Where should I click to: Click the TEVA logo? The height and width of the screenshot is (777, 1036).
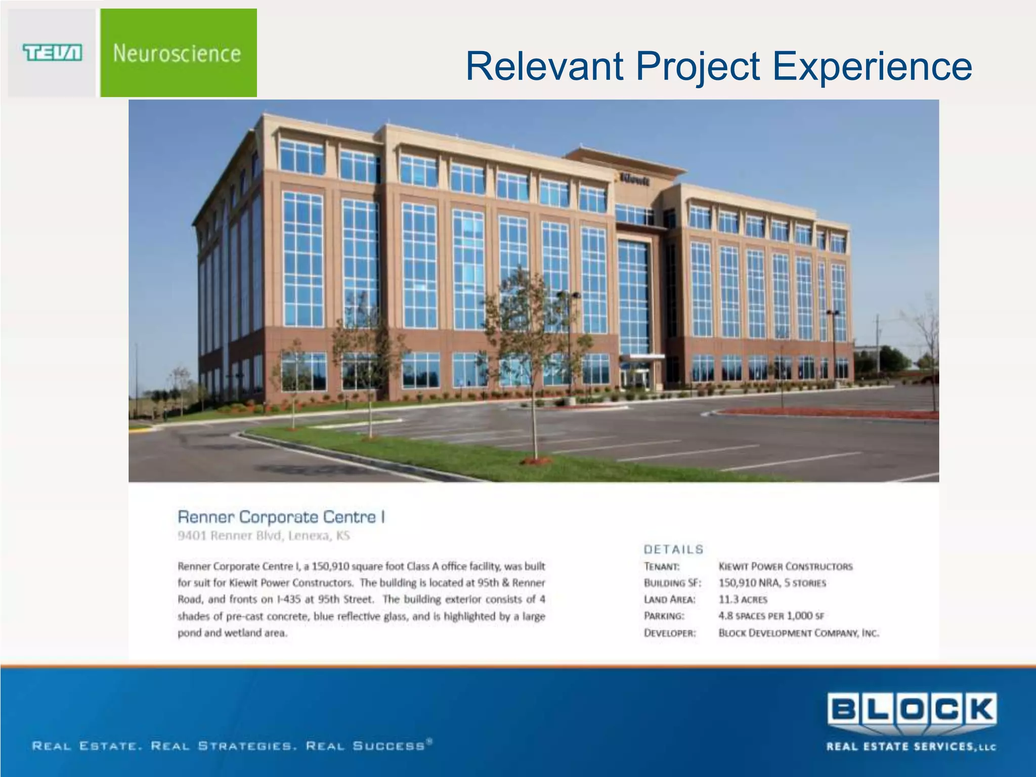[52, 53]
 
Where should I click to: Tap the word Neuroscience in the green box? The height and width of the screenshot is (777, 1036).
[177, 54]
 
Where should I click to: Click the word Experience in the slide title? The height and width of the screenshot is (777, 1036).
[872, 66]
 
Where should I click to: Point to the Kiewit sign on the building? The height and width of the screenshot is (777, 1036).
[634, 179]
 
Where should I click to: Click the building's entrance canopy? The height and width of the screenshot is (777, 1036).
[641, 358]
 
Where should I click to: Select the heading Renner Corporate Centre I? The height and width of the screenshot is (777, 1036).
[281, 517]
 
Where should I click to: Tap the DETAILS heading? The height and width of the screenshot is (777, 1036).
[673, 549]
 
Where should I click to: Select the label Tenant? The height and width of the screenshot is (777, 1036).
[662, 567]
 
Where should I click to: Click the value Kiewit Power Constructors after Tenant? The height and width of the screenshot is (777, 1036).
[785, 567]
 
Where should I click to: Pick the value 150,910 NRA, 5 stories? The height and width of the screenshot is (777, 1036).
[772, 583]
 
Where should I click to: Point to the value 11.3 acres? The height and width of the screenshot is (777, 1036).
[743, 599]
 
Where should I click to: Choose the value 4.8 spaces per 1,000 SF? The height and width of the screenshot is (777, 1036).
[771, 616]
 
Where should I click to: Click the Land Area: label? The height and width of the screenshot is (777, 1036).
[669, 599]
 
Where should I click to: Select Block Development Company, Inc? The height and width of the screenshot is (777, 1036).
[798, 633]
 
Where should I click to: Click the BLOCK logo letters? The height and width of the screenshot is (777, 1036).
[912, 710]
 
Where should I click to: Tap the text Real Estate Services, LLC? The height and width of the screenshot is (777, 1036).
[911, 747]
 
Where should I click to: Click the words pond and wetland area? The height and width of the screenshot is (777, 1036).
[232, 633]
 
